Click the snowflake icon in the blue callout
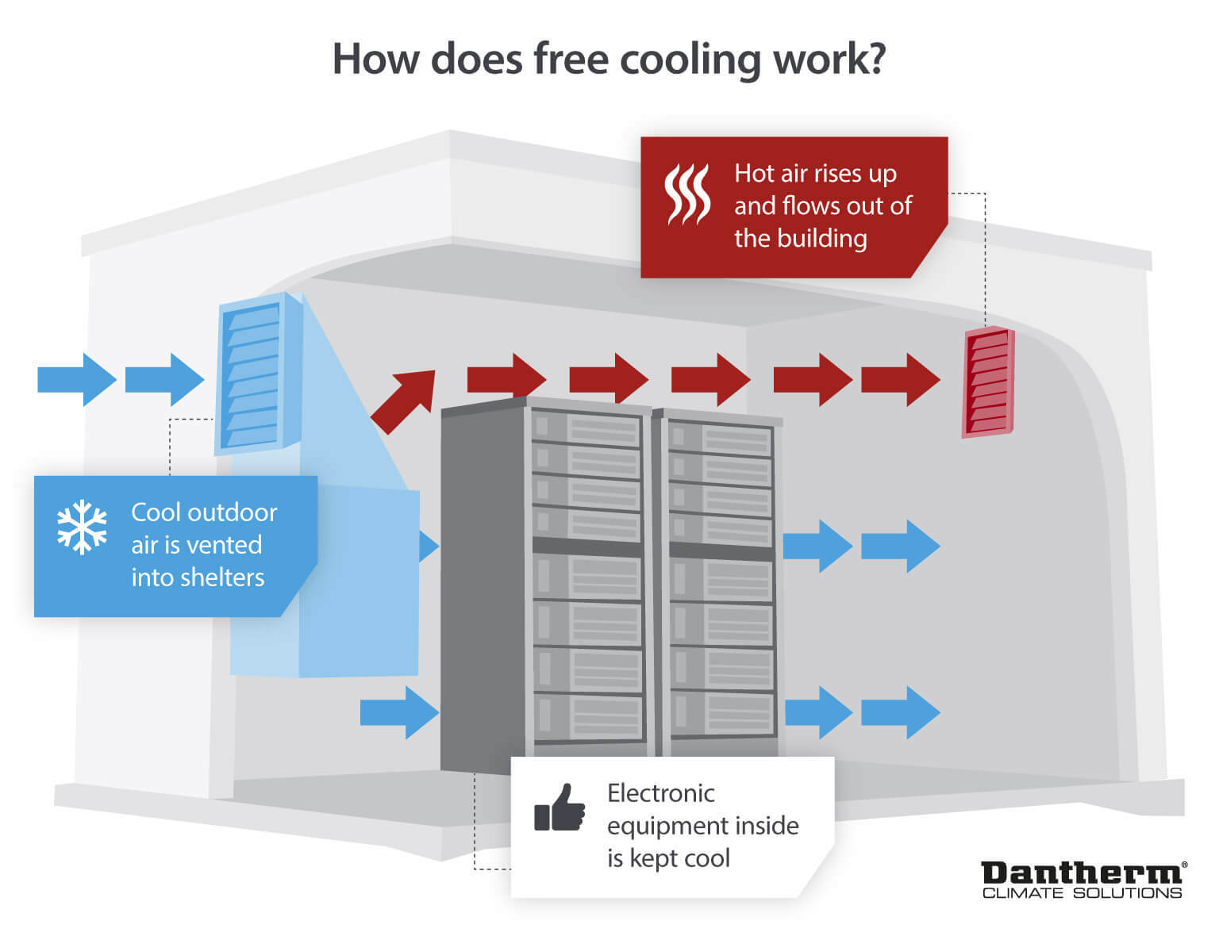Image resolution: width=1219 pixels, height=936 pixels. click(x=82, y=527)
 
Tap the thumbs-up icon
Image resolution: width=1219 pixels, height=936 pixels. click(x=560, y=809)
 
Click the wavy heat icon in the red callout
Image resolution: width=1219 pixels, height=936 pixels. click(x=686, y=194)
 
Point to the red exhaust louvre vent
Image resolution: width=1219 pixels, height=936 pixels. click(x=988, y=382)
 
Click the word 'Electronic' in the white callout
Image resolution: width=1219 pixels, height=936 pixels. click(x=660, y=793)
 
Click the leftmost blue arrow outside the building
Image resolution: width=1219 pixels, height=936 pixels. click(x=76, y=380)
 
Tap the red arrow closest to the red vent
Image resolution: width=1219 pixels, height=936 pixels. click(x=901, y=380)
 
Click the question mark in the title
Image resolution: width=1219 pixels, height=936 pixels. click(x=873, y=59)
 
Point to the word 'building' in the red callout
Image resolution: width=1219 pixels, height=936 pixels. click(x=826, y=238)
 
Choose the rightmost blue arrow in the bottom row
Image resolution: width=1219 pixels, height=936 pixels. click(x=901, y=712)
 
